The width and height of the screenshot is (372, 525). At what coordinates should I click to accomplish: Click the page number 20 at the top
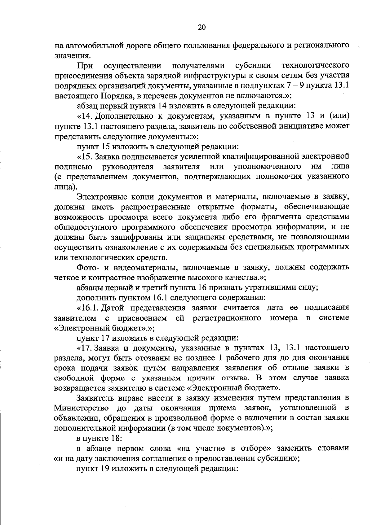click(x=201, y=27)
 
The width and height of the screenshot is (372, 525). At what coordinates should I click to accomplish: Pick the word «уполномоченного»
click(x=267, y=166)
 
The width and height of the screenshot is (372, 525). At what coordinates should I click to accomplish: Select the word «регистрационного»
click(x=227, y=318)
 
